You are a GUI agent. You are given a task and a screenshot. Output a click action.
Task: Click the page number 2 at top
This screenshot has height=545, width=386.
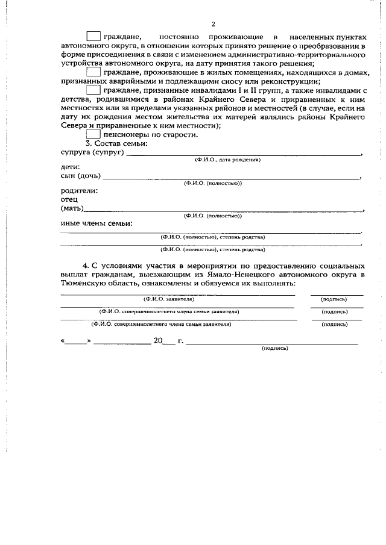pos(213,24)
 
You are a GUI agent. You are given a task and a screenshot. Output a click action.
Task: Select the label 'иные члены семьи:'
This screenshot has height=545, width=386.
pos(97,223)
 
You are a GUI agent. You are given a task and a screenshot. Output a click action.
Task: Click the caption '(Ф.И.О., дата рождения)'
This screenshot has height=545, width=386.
pos(227,160)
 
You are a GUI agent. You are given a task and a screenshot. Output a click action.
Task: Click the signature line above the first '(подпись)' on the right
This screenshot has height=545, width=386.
pos(337,294)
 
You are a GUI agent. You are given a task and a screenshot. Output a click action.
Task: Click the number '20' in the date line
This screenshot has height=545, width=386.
pos(159,340)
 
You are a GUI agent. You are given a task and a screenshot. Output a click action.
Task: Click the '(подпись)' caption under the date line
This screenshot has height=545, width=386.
pos(274,349)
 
